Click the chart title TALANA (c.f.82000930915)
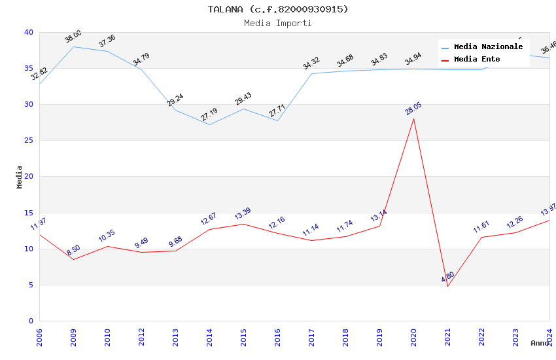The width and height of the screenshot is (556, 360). click(278, 9)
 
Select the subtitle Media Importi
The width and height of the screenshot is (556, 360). click(278, 23)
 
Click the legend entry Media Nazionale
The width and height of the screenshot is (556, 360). click(488, 47)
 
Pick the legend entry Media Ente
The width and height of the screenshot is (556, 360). click(477, 60)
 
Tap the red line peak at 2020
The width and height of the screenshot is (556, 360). click(413, 118)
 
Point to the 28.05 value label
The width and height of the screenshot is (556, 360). click(413, 108)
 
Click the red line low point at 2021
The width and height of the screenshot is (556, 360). click(447, 286)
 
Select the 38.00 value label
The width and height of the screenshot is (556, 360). click(73, 37)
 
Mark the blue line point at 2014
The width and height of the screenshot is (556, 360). click(209, 124)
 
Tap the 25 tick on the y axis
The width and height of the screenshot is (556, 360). click(28, 141)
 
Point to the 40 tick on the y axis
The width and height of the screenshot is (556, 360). click(28, 32)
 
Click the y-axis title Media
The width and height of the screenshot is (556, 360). click(20, 177)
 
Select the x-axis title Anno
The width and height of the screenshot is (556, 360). click(540, 343)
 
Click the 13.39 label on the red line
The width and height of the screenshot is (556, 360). click(243, 214)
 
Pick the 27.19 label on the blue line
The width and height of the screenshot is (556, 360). click(209, 115)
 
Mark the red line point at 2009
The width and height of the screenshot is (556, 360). click(73, 259)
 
